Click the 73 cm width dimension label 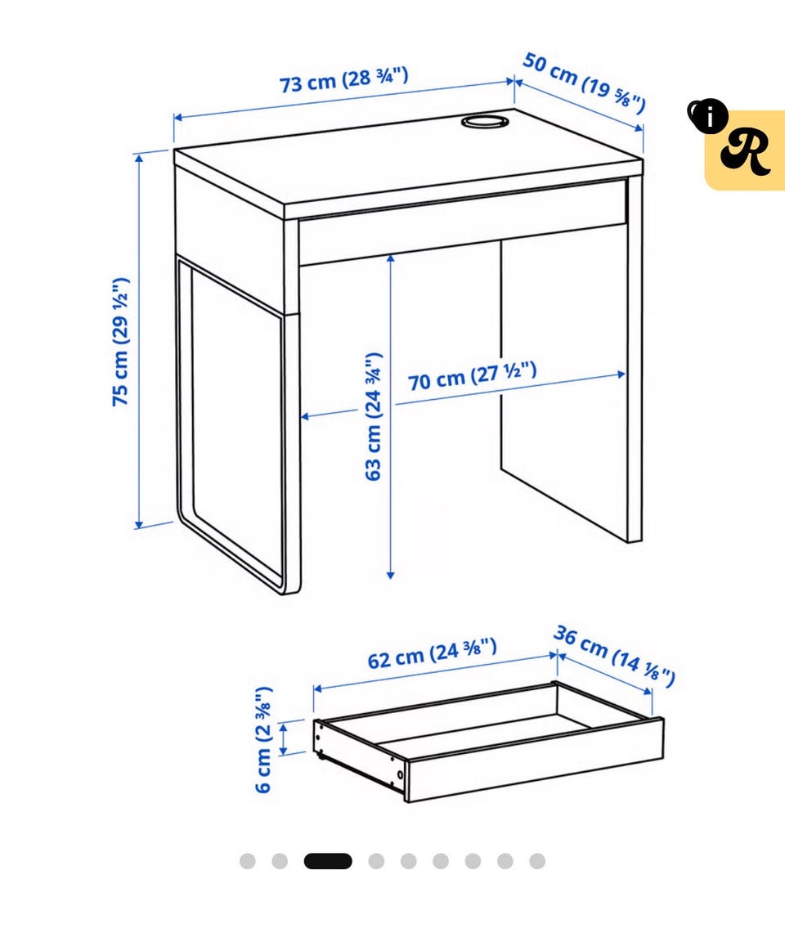point(344,80)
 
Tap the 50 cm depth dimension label point(584,83)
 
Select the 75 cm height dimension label point(120,342)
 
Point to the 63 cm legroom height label point(373,416)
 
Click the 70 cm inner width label point(472,376)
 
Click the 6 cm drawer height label point(263,740)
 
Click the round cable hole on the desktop point(484,121)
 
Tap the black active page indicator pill point(328,861)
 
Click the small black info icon point(709,115)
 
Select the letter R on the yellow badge point(747,152)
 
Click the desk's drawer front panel point(463,222)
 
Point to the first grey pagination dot point(248,861)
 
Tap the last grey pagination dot point(537,861)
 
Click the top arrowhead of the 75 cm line point(139,158)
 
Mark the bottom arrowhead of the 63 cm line point(390,575)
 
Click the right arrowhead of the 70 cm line point(621,375)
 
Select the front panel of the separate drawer point(535,760)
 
